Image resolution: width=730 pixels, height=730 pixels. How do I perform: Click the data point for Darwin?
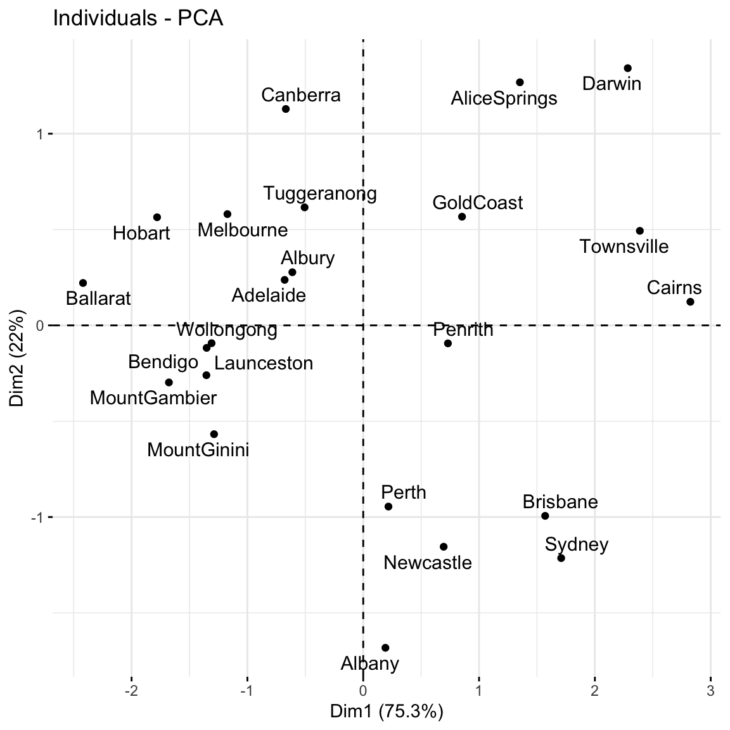(627, 68)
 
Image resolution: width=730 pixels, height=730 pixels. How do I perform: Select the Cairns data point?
(690, 302)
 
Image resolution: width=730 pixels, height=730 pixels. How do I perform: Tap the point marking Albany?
(385, 648)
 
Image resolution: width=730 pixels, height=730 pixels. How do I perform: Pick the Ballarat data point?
(83, 283)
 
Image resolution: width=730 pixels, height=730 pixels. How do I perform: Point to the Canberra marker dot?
(286, 109)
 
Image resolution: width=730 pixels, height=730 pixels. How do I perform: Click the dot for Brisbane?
(545, 516)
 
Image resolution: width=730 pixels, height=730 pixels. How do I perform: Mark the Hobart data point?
(157, 217)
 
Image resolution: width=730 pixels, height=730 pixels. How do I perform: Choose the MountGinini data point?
(214, 434)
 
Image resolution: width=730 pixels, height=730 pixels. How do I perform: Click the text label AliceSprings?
(504, 98)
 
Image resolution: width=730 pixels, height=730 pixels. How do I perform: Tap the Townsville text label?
(624, 247)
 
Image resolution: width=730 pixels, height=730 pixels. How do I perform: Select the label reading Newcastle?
(428, 563)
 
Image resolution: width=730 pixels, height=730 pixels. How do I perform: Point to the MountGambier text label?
(153, 398)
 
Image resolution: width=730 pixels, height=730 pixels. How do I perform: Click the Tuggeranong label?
(320, 193)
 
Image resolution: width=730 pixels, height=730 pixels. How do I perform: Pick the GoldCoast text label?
(478, 203)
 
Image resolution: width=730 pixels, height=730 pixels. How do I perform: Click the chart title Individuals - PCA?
(138, 18)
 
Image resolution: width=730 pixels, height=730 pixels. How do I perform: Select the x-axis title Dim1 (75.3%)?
(387, 712)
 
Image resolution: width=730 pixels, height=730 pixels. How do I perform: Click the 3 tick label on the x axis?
(710, 689)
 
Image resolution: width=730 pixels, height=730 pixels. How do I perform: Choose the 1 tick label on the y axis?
(39, 134)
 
